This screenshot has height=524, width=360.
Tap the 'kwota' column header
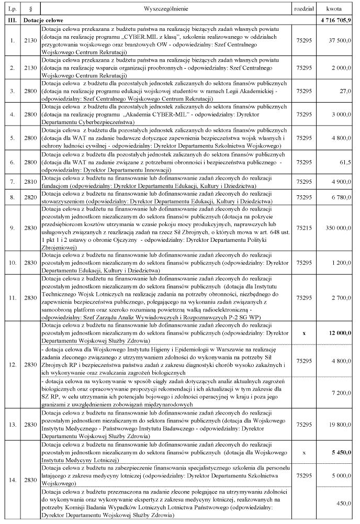[335, 9]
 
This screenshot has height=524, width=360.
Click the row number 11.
[11, 298]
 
